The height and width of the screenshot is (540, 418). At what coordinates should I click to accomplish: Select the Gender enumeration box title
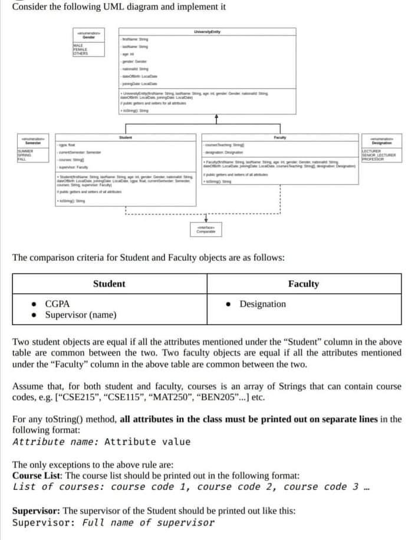pos(88,37)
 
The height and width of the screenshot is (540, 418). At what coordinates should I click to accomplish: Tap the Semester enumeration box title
pos(32,142)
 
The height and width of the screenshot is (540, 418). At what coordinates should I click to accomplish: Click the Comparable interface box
pos(206,231)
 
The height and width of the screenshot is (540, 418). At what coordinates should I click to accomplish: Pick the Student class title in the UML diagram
pos(125,137)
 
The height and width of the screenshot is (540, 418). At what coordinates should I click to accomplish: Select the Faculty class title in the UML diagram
pos(280,137)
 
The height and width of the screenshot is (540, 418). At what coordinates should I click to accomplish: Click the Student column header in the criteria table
pos(109,284)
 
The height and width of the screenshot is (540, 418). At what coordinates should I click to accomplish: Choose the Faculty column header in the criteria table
pos(303,284)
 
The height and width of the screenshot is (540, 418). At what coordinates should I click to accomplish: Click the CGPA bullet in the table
pos(57,304)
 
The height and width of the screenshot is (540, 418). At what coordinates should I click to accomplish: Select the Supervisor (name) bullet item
pos(80,315)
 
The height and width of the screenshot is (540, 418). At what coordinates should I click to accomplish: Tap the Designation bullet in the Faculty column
pos(262,304)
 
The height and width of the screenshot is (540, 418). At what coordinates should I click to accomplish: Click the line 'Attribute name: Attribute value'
pos(101,442)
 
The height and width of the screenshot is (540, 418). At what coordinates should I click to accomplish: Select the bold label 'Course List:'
pos(39,475)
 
